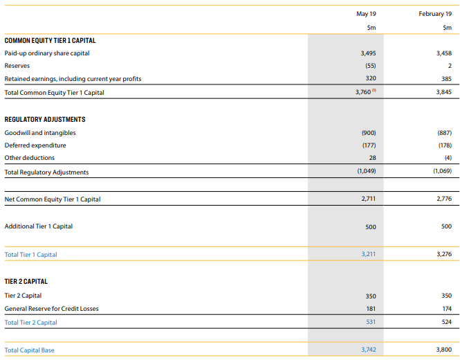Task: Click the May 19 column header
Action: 366,14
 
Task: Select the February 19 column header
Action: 435,14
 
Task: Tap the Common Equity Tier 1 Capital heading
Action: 50,41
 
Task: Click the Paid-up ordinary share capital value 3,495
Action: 368,53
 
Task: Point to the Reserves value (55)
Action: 370,66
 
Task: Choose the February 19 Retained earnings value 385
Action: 446,79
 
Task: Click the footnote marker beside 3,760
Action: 374,91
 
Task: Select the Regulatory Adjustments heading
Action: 45,120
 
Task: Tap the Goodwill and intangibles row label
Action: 40,133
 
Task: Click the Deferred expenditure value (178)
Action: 445,145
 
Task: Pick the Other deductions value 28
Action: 372,158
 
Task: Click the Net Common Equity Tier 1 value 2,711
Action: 368,199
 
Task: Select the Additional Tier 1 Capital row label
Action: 39,226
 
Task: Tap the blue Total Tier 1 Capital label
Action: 31,255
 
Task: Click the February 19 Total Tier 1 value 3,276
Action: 444,254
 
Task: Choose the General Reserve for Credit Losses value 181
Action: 371,309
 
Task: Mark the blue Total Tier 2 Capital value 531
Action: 371,322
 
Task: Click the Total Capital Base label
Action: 29,350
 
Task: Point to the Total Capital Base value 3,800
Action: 444,350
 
